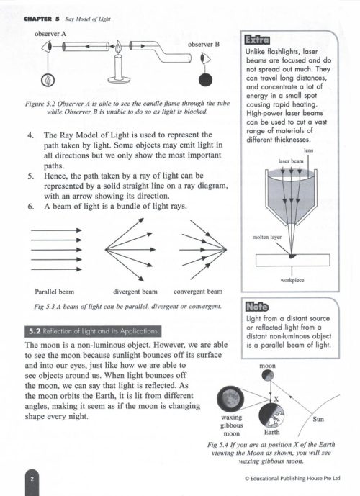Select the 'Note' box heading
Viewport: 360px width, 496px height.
click(256, 305)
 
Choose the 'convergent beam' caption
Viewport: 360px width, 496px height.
click(199, 292)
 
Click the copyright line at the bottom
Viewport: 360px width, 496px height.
click(291, 477)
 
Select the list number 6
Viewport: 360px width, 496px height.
click(28, 205)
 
